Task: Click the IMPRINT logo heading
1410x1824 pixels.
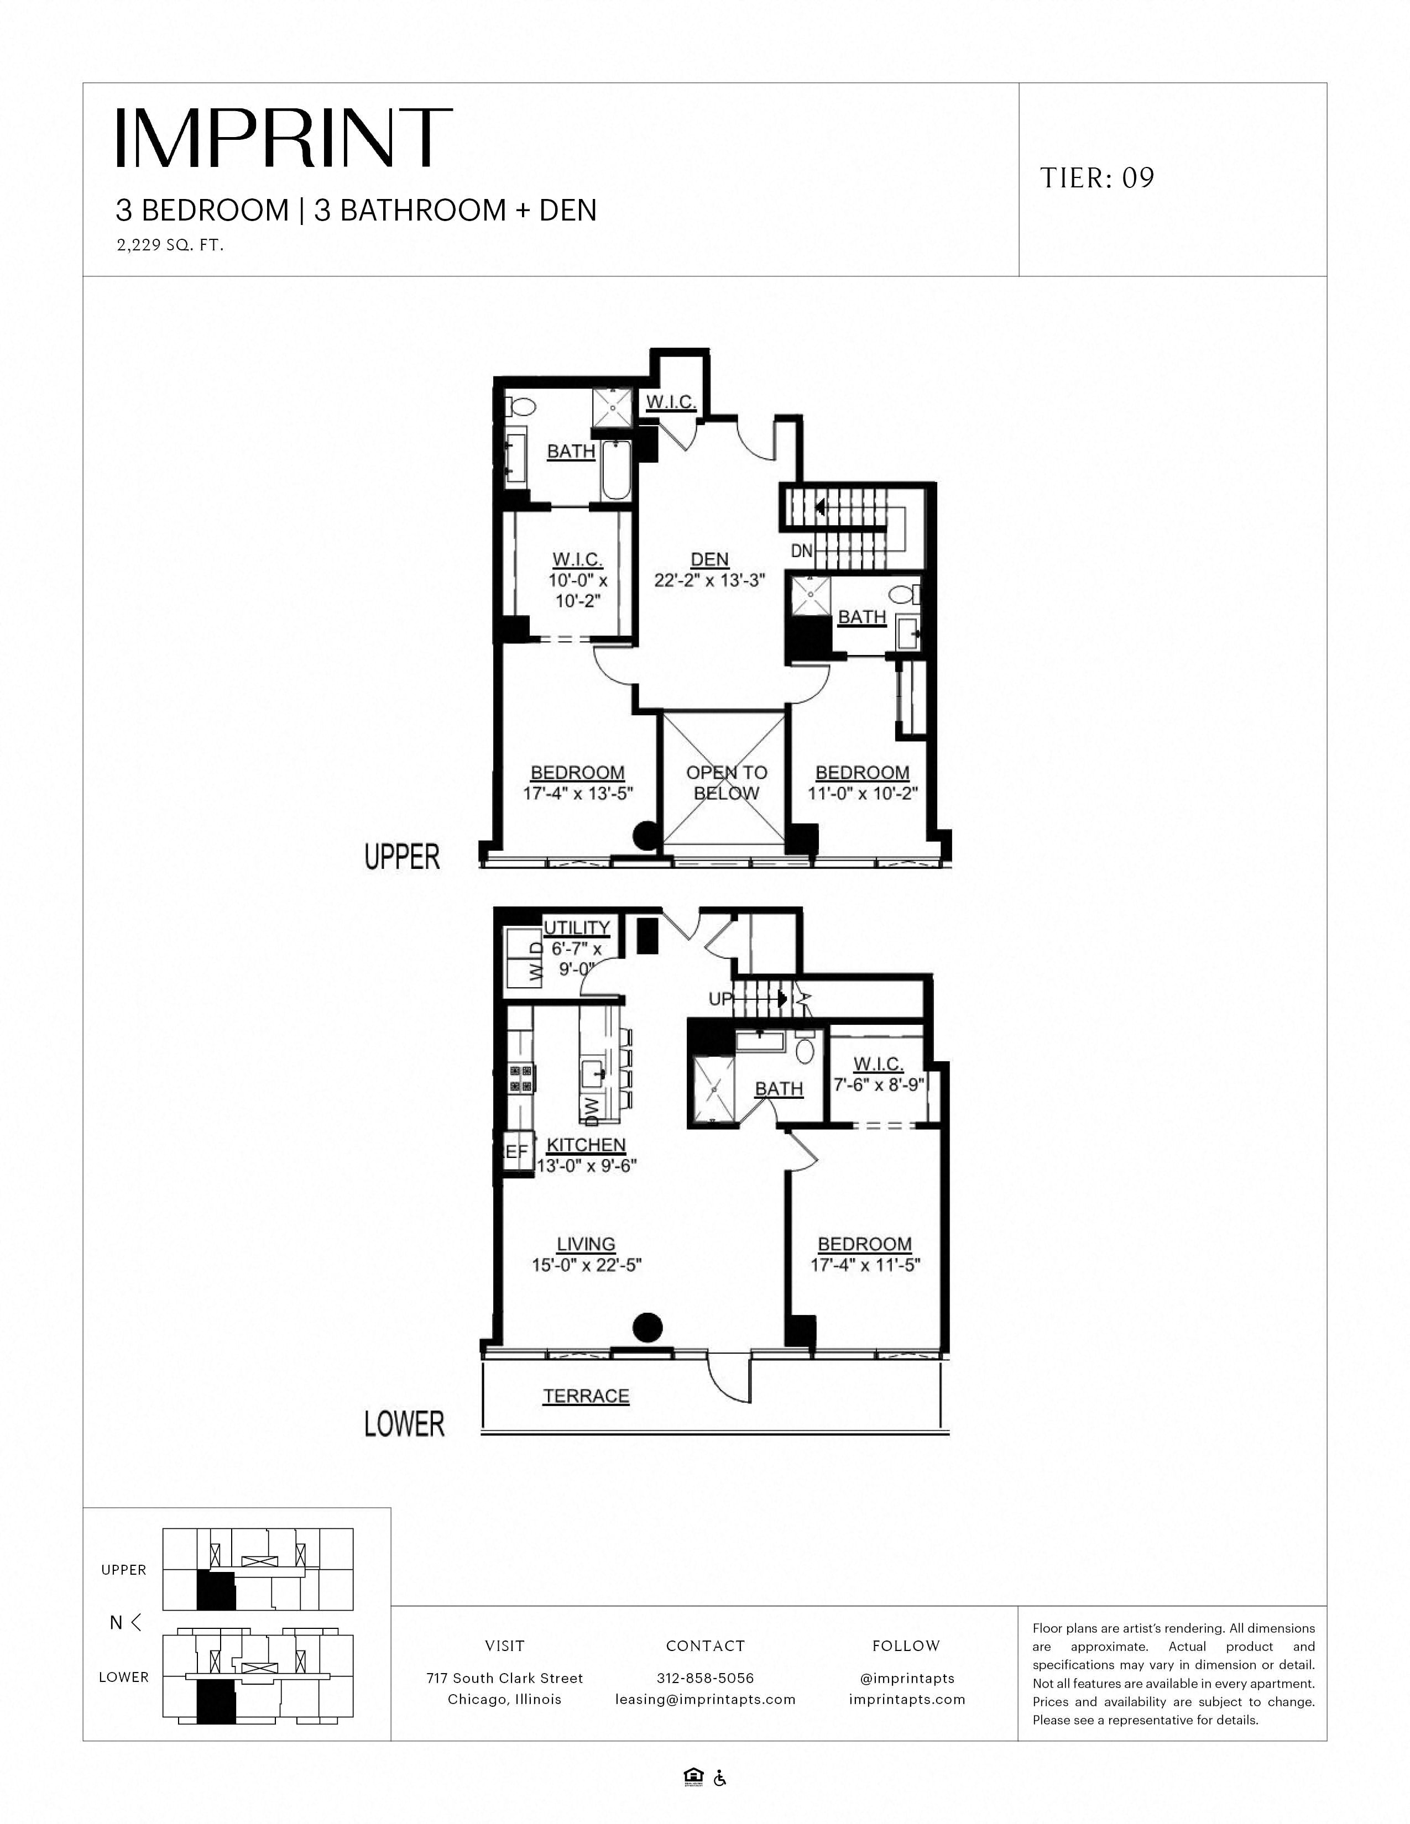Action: click(284, 138)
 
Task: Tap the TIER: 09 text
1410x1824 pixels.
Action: click(1097, 178)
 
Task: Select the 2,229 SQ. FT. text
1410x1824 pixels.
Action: click(170, 245)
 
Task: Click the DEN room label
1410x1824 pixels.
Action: click(709, 559)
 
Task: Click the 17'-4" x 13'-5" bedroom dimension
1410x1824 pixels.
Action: click(578, 793)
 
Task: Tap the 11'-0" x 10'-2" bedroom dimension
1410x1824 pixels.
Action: click(862, 793)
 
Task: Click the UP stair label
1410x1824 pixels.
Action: click(720, 998)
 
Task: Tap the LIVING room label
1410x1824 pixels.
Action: click(586, 1244)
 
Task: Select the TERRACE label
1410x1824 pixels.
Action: click(586, 1396)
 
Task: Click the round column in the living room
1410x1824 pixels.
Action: click(647, 1326)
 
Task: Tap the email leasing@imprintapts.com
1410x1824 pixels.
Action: click(705, 1699)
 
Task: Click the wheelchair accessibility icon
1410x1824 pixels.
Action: click(720, 1778)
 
